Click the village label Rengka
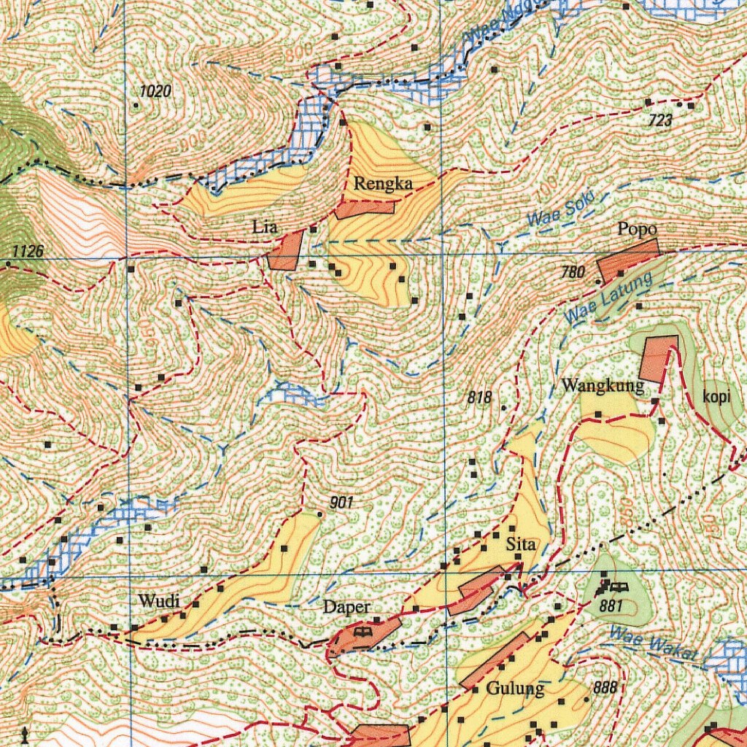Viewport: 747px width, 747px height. (x=383, y=184)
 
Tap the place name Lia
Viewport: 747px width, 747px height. (x=265, y=228)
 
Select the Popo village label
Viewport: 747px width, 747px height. (x=637, y=229)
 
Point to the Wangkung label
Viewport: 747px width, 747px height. (x=603, y=385)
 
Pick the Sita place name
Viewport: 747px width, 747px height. (x=521, y=544)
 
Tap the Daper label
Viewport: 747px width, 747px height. (x=347, y=607)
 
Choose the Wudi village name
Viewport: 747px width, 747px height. (x=158, y=602)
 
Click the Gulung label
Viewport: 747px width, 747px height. (x=515, y=688)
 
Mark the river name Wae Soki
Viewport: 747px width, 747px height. (x=562, y=209)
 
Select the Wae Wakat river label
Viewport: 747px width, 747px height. (x=654, y=645)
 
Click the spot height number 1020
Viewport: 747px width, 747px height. (x=155, y=91)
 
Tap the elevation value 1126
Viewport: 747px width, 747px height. (x=28, y=252)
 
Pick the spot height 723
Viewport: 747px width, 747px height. (x=660, y=120)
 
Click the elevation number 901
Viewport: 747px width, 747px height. (x=341, y=502)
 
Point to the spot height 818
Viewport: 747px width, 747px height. (x=479, y=398)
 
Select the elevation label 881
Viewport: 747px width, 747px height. (x=611, y=605)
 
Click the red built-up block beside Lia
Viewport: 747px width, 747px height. (x=285, y=252)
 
